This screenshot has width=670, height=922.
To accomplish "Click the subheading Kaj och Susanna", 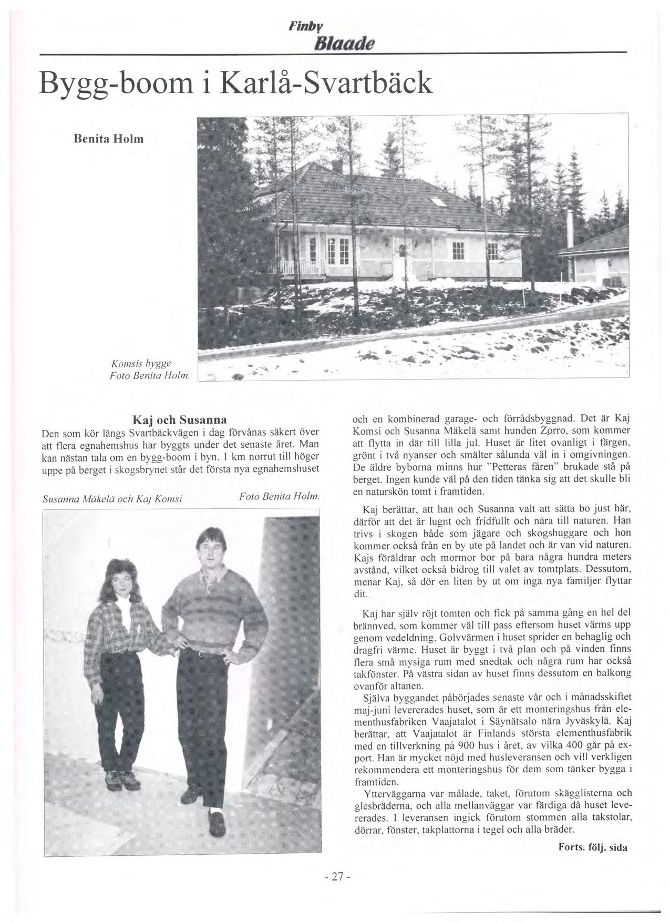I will [x=180, y=420].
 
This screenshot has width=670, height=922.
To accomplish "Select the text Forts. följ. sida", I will [x=592, y=847].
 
